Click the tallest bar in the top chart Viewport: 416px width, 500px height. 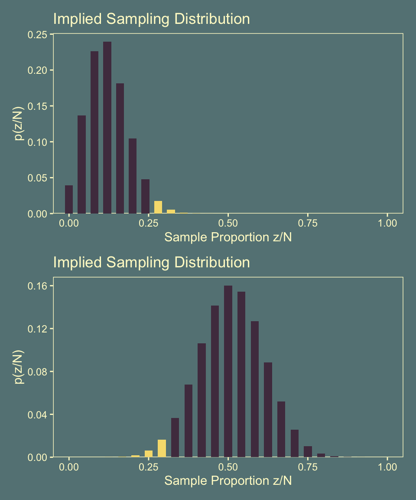(107, 128)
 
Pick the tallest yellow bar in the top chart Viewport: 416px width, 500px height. (158, 207)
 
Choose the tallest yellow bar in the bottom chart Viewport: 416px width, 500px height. (162, 448)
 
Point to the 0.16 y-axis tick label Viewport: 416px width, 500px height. (38, 286)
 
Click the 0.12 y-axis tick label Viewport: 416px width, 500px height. (38, 329)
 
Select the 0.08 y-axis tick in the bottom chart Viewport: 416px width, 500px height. (38, 372)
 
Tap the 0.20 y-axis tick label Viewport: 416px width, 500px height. (38, 70)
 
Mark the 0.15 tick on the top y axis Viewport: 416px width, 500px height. (38, 106)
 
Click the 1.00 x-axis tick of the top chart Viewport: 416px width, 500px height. (387, 223)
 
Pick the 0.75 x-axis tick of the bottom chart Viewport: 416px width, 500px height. (308, 467)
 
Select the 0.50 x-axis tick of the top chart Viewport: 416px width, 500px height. (228, 223)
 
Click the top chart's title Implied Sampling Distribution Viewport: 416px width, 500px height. (151, 19)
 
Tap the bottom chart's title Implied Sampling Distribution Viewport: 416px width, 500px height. (151, 263)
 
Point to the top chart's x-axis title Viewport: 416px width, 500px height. (228, 237)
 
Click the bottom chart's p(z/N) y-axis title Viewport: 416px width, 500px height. (19, 367)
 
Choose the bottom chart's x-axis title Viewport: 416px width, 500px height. (228, 481)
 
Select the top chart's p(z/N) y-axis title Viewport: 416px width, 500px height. (19, 124)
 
